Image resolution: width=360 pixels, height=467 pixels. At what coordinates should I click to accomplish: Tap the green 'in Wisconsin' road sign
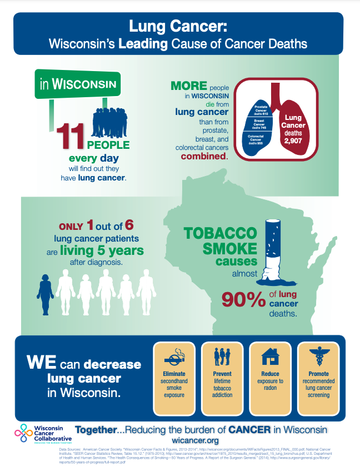78,85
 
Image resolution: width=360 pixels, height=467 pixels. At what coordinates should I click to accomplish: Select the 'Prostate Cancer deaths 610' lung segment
261,109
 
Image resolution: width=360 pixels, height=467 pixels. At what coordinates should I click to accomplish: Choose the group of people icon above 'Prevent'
222,355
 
